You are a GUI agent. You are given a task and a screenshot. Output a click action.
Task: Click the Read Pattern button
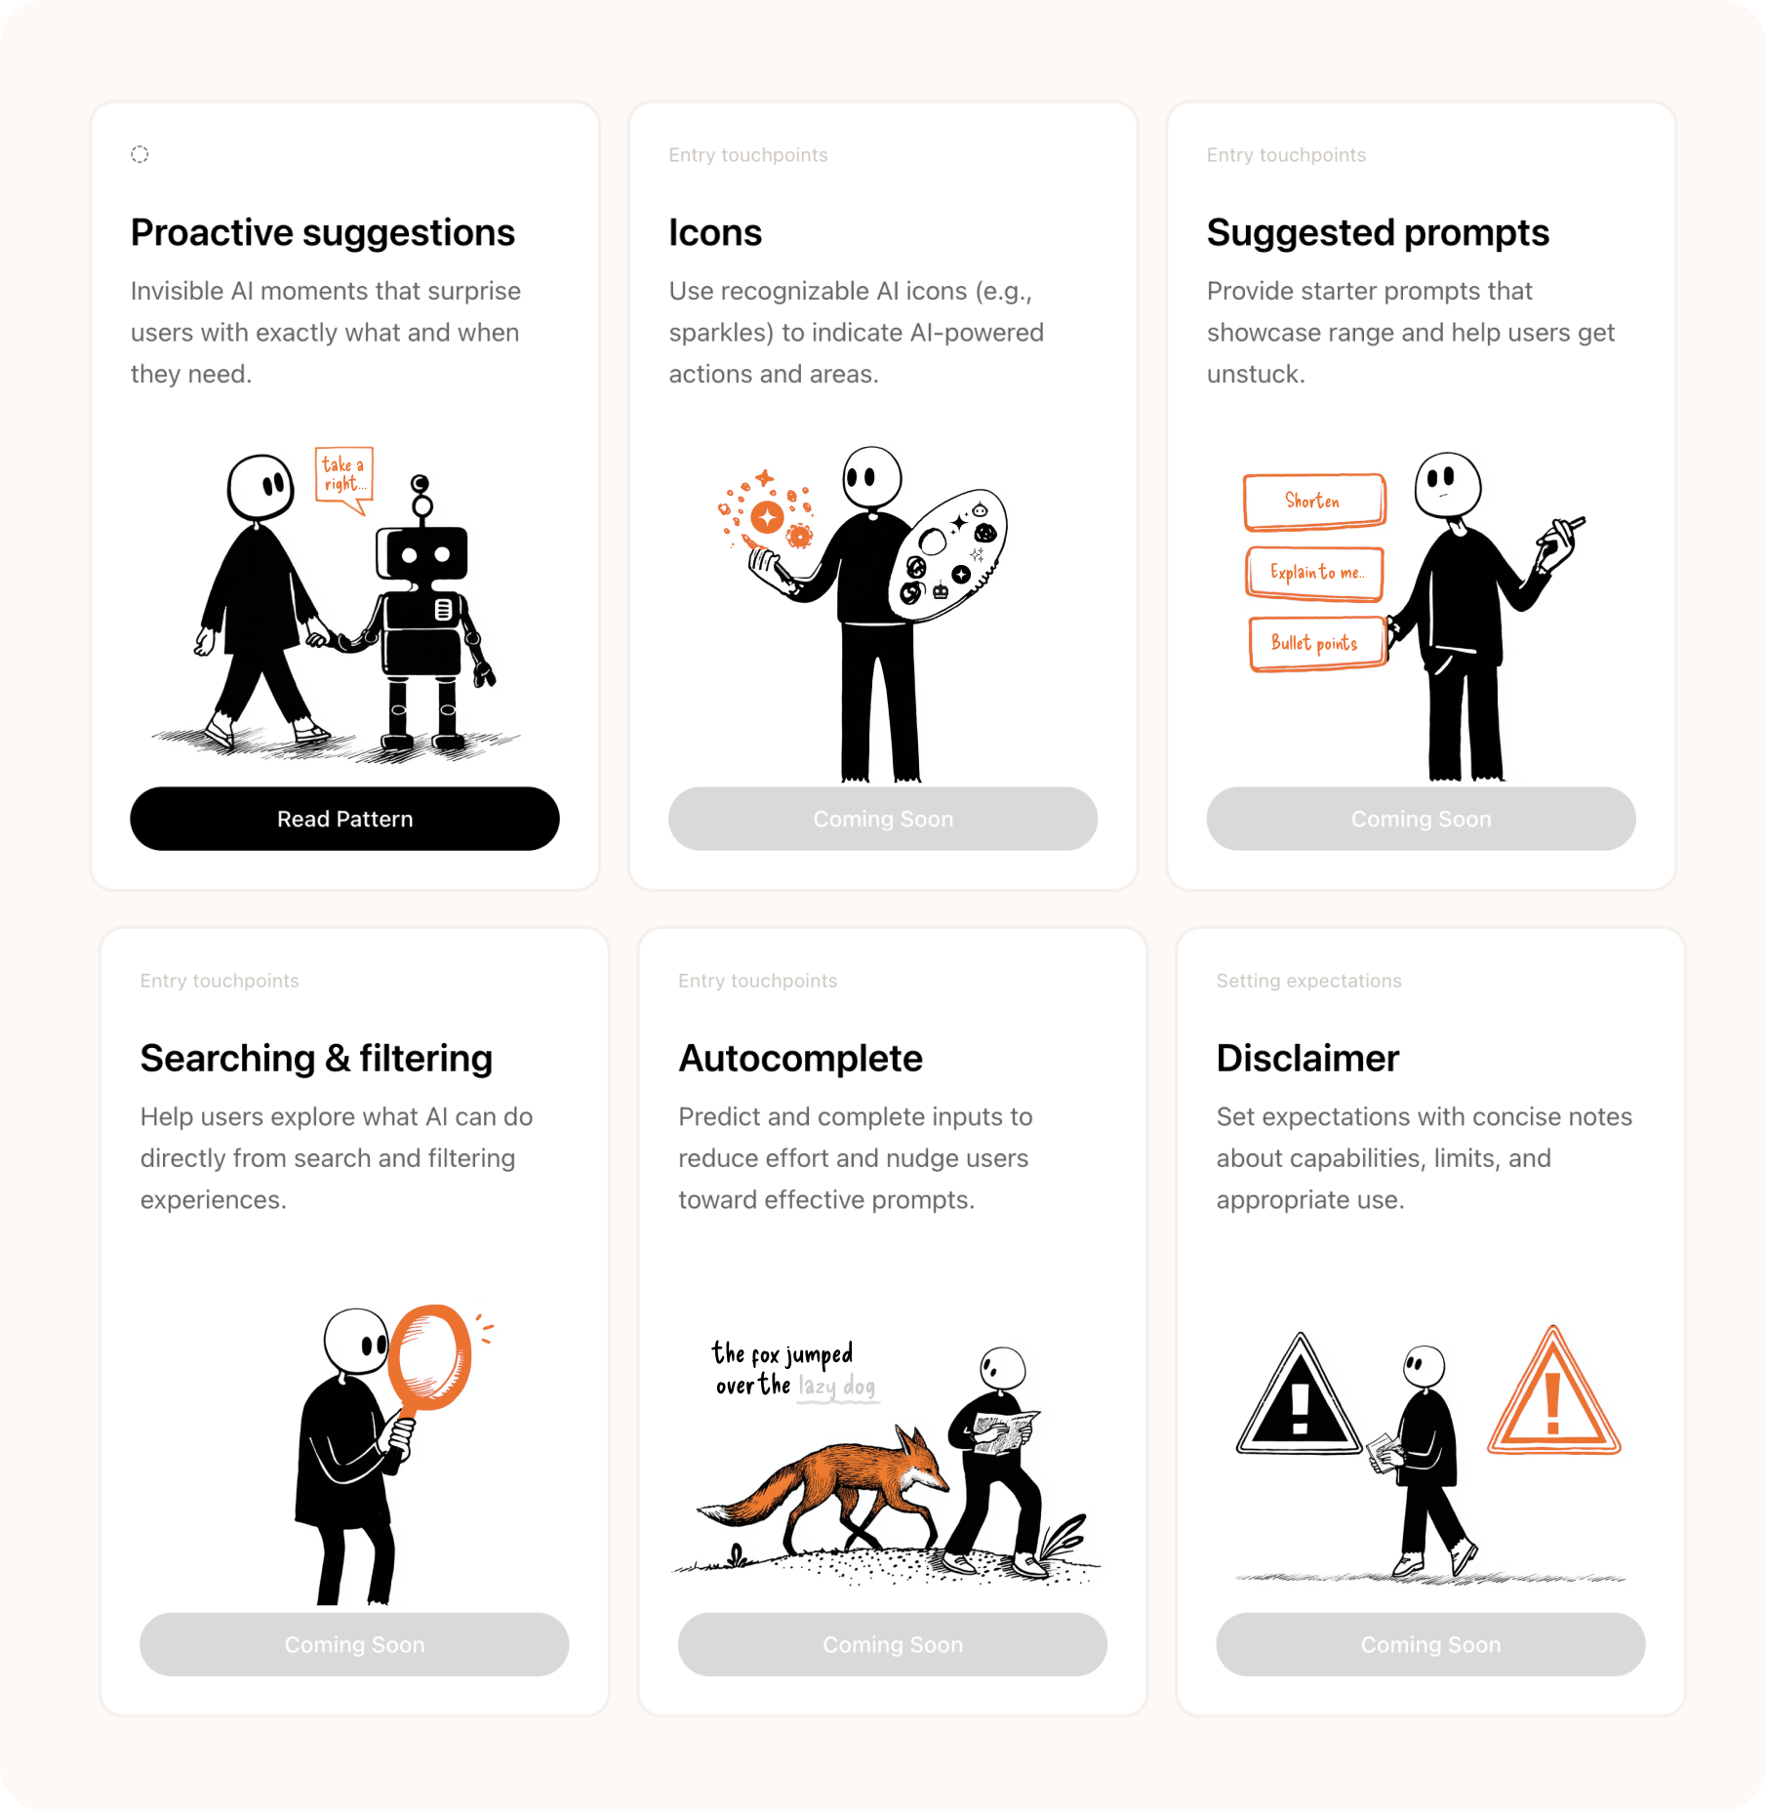pos(344,819)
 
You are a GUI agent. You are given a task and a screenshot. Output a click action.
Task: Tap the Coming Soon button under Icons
pos(883,819)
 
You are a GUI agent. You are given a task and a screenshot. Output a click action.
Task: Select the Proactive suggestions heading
pos(323,233)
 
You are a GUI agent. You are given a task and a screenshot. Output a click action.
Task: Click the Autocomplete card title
pos(801,1059)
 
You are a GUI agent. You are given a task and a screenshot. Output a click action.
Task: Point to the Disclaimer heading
pos(1307,1059)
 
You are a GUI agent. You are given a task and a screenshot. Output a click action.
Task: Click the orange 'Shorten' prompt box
pos(1314,502)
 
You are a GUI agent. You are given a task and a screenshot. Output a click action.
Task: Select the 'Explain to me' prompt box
pos(1315,573)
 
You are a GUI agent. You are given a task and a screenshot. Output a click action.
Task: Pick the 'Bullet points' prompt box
pos(1317,644)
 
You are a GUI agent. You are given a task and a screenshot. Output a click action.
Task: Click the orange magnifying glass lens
pos(429,1356)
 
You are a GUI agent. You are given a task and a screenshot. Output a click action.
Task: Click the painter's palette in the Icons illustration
pos(947,554)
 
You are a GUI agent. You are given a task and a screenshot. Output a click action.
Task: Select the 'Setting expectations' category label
pos(1308,981)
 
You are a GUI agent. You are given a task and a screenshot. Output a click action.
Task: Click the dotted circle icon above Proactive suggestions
pos(140,154)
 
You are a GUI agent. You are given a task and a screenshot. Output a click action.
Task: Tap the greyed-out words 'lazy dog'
pos(837,1387)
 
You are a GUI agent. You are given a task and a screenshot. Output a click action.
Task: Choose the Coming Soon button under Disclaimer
pos(1430,1644)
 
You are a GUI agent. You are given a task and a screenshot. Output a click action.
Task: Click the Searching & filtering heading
pos(316,1059)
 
